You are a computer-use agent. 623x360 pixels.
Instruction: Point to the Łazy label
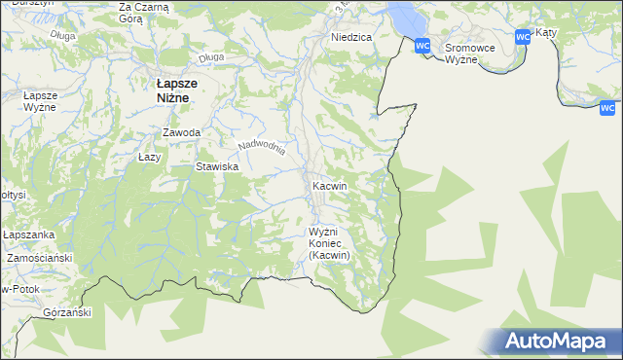(149, 156)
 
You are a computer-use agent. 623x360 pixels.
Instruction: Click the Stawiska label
(218, 166)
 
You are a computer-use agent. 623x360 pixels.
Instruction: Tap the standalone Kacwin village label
(330, 185)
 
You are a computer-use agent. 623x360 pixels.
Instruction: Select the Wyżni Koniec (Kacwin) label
(329, 243)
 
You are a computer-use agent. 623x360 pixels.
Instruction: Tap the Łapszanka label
(26, 235)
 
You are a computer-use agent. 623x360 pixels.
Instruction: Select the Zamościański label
(40, 259)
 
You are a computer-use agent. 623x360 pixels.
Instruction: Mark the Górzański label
(67, 312)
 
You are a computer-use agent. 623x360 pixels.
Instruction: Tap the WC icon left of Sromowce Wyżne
(422, 46)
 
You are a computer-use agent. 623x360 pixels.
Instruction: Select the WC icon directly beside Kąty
(523, 37)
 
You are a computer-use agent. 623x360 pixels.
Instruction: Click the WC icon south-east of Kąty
(608, 108)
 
